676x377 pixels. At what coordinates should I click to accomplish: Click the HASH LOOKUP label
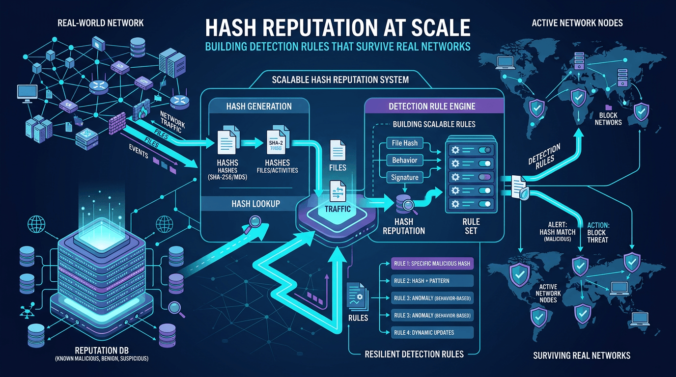[x=255, y=204]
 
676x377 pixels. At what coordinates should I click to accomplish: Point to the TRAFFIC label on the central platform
[x=338, y=209]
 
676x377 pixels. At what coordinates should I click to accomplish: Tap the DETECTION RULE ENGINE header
[x=432, y=106]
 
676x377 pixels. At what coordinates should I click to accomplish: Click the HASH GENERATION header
[x=259, y=106]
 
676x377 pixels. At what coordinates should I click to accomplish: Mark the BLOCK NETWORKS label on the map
[x=608, y=118]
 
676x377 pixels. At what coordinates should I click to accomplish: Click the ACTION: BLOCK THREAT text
[x=597, y=233]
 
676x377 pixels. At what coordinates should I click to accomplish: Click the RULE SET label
[x=471, y=226]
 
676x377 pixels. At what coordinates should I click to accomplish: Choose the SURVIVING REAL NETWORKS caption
[x=581, y=355]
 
